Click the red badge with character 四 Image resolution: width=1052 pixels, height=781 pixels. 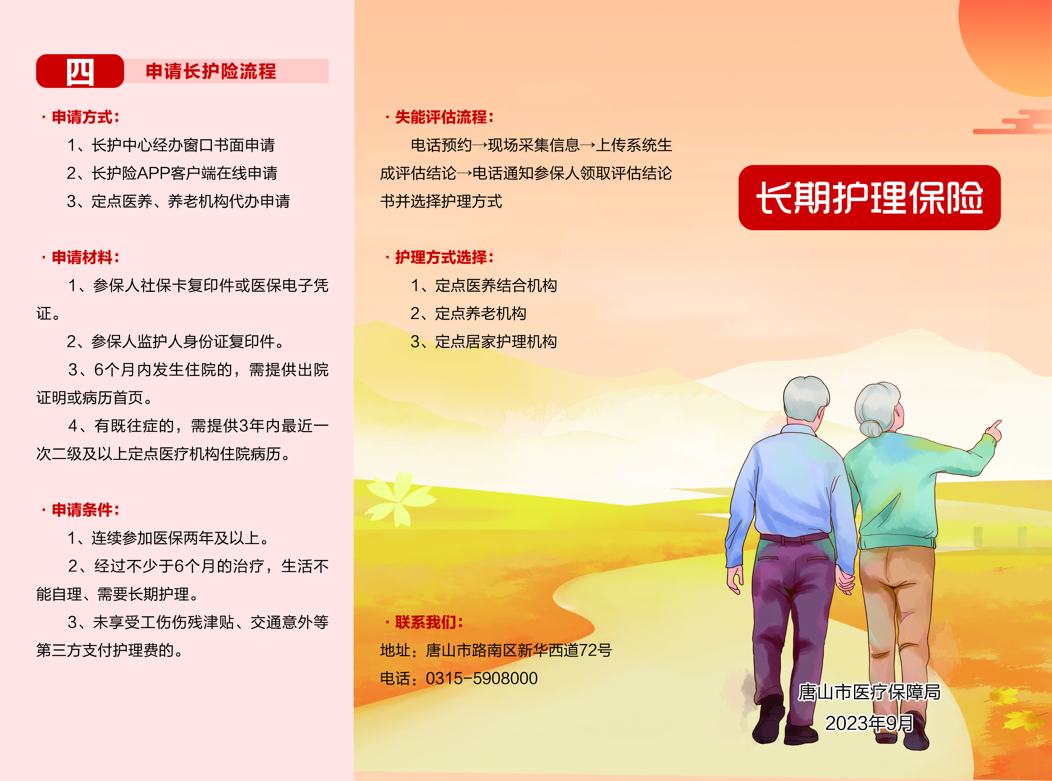pyautogui.click(x=80, y=71)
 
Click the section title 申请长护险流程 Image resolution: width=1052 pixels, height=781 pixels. pyautogui.click(x=211, y=71)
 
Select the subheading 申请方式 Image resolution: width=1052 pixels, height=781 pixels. pyautogui.click(x=85, y=117)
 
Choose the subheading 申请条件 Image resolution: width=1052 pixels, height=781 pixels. pyautogui.click(x=85, y=510)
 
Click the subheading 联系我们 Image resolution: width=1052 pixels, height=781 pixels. pyautogui.click(x=429, y=622)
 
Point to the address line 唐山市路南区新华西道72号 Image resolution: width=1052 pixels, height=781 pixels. pyautogui.click(x=519, y=650)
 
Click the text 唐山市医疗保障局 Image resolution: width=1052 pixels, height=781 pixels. pyautogui.click(x=869, y=692)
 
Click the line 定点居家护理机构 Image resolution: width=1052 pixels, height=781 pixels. pyautogui.click(x=496, y=341)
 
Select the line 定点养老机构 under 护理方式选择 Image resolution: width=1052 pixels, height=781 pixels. pyautogui.click(x=480, y=314)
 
